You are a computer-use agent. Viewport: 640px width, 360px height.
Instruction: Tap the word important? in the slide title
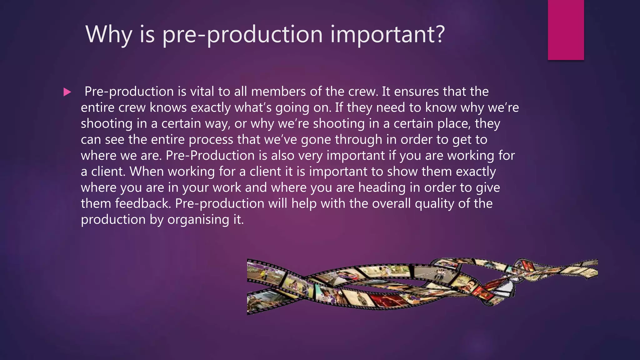tap(387, 34)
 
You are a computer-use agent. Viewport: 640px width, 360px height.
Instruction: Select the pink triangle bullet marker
tap(67, 92)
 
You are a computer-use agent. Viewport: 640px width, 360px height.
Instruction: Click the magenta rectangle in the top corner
tap(566, 30)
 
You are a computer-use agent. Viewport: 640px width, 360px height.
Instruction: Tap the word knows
tap(168, 107)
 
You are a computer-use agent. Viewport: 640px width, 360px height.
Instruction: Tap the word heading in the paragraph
tap(384, 187)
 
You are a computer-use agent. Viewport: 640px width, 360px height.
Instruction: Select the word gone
tap(316, 140)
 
